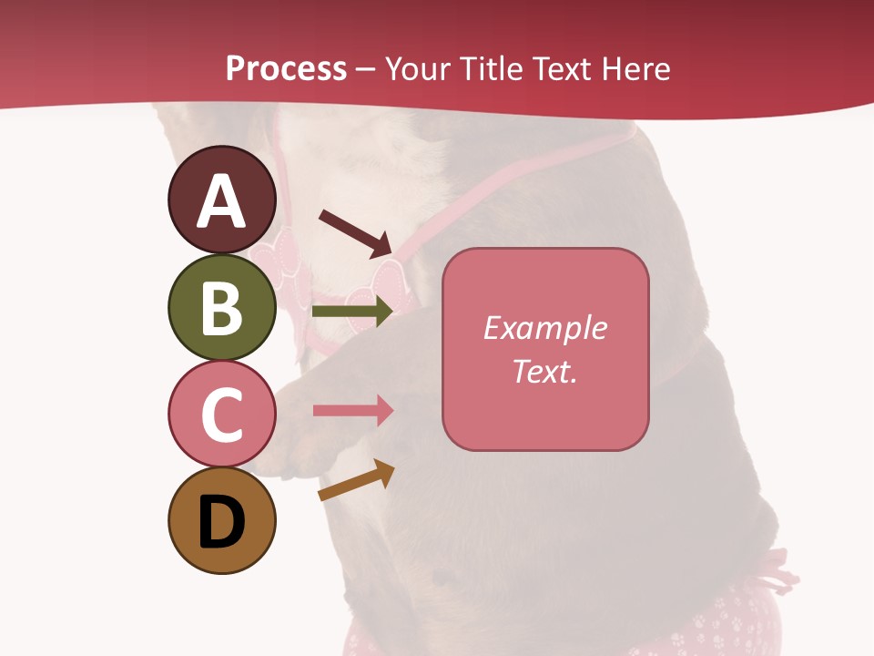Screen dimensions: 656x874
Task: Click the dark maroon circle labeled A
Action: tap(221, 200)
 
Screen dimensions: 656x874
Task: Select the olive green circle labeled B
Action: tap(221, 307)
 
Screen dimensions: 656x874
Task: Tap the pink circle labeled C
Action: tap(221, 414)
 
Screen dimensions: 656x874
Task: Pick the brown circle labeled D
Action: tap(221, 520)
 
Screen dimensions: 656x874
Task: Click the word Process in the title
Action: tap(286, 68)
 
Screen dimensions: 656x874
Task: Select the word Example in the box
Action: tap(544, 328)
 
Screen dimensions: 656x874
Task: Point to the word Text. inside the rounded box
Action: tap(544, 371)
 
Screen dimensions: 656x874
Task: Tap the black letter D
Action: tap(221, 523)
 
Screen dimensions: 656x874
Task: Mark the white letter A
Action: tap(221, 201)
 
